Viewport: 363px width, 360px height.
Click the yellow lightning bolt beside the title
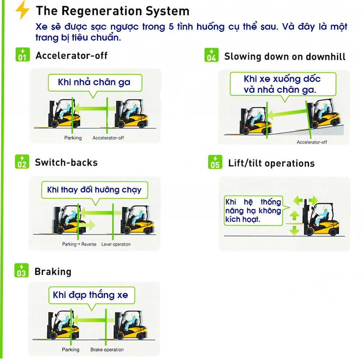[23, 11]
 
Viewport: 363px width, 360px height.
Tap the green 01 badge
[22, 55]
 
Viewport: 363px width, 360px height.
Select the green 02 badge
[21, 162]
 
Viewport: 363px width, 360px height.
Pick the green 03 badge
[21, 271]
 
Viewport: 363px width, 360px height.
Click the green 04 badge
[211, 55]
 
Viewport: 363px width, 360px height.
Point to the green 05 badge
[215, 162]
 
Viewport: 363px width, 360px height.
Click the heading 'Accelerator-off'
[72, 56]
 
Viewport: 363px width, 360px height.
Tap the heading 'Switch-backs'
[66, 162]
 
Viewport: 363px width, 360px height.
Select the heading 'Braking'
[53, 272]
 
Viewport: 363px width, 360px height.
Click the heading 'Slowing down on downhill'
[285, 57]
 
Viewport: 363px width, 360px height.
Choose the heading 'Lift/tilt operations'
[271, 164]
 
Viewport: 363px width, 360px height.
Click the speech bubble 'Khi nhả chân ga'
[94, 82]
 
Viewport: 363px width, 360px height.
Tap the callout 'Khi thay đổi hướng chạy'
[94, 189]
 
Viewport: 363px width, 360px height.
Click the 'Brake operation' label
[107, 349]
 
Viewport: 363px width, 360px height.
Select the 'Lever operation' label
[116, 244]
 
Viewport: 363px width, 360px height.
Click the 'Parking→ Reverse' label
[79, 244]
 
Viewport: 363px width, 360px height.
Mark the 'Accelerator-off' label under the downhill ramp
[311, 142]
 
